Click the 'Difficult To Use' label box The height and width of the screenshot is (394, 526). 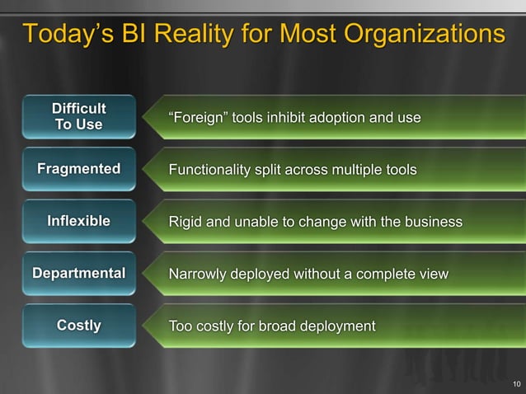78,117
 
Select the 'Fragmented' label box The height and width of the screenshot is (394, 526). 78,170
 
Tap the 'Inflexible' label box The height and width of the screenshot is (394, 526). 78,222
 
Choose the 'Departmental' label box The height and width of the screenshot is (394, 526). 78,273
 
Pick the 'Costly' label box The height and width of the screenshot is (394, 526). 78,326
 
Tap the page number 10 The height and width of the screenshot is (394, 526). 516,383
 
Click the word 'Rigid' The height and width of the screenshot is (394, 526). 186,223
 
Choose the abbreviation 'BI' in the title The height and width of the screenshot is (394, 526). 131,35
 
